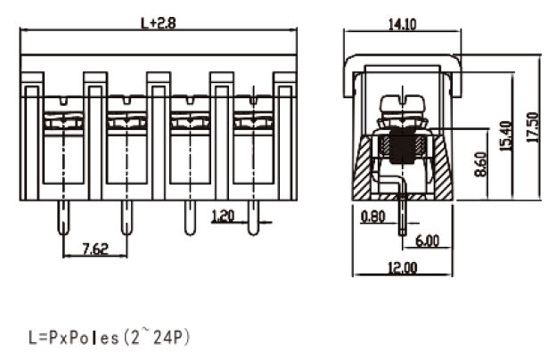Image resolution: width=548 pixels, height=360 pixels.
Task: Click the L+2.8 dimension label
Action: coord(158,23)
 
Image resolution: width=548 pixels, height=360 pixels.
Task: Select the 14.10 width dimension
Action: coord(402,24)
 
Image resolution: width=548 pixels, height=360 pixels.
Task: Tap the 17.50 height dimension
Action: coord(532,127)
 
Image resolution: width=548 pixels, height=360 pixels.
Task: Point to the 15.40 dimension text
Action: coord(506,136)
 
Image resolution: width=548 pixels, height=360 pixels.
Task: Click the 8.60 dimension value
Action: coord(481,164)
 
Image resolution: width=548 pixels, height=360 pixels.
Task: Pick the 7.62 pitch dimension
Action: coord(95,249)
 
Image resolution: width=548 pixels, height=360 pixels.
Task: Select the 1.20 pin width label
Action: coord(223,217)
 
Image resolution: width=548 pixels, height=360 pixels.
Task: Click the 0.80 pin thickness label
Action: coord(372,217)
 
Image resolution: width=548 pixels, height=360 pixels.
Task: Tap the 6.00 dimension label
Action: coord(427,241)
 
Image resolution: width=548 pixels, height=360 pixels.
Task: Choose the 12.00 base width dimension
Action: coord(403,267)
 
